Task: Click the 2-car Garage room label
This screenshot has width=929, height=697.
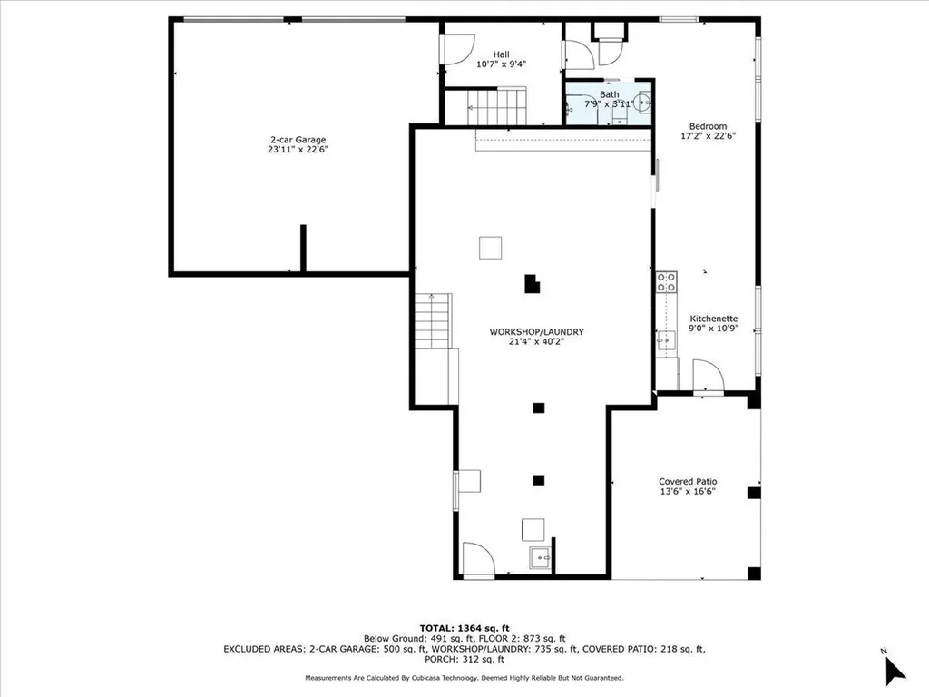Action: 298,140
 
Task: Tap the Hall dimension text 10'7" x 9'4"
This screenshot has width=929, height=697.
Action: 501,64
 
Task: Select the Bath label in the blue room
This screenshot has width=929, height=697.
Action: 609,94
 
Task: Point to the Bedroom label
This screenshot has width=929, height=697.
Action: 708,126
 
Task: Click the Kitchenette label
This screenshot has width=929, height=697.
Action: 714,319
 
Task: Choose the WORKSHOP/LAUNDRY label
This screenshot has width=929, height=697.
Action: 537,332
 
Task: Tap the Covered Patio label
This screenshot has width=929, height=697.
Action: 688,482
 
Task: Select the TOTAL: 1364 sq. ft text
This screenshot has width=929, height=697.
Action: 464,628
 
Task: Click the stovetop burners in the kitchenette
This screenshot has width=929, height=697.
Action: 667,282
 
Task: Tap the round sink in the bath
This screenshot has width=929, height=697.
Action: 643,103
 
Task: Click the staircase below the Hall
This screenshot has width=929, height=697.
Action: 496,107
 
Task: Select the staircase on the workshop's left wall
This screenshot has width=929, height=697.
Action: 433,320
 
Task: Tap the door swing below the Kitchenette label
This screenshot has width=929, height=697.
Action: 709,375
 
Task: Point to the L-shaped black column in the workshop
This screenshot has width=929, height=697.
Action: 532,284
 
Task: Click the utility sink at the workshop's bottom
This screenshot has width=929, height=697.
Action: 540,558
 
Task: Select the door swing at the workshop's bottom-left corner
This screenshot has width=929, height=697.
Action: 479,558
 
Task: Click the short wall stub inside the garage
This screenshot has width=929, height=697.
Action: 303,249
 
